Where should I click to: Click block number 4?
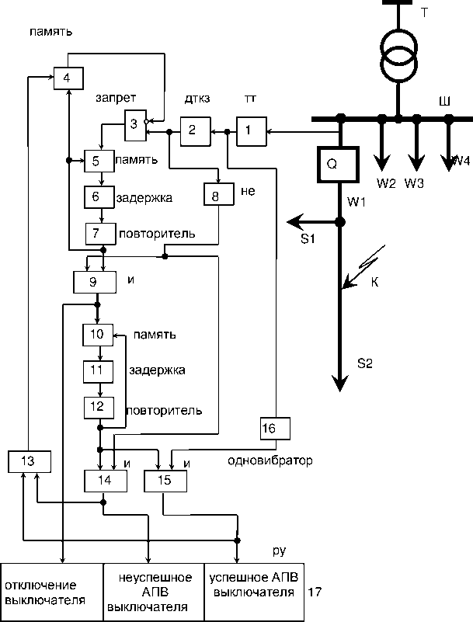[x=68, y=78]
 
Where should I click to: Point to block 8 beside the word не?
[x=215, y=194]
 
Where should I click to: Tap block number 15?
[x=165, y=481]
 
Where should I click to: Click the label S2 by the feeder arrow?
[x=365, y=363]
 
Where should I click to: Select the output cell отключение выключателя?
[x=51, y=592]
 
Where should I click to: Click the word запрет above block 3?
[x=117, y=99]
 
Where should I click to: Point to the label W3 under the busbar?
[x=414, y=183]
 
